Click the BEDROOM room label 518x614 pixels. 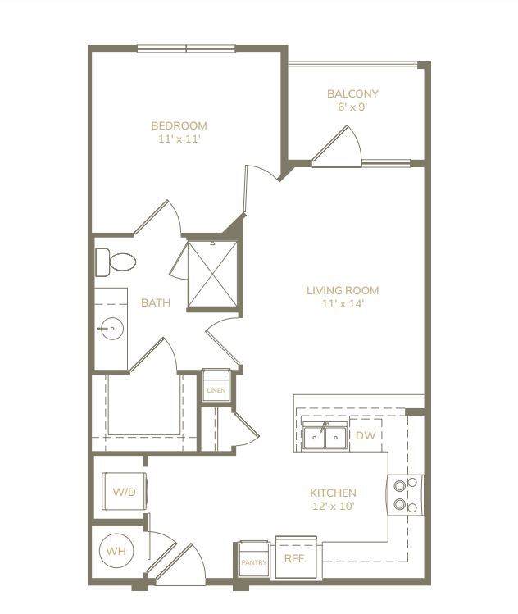point(179,125)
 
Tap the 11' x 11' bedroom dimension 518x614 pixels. point(179,139)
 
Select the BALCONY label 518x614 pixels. point(352,94)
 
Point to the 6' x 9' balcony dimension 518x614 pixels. point(352,107)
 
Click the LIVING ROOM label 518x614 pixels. point(343,290)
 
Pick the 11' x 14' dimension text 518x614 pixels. point(343,303)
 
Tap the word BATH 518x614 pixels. point(156,302)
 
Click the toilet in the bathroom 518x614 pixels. point(116,262)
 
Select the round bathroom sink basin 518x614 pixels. point(111,329)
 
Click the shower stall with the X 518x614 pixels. point(212,274)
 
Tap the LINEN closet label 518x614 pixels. point(216,390)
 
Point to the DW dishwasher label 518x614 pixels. point(366,435)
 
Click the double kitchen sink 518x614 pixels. point(325,435)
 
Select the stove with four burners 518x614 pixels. point(406,495)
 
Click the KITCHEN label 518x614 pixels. point(334,493)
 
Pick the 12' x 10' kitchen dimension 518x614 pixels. point(334,507)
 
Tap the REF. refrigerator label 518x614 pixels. point(295,559)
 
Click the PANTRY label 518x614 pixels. point(254,562)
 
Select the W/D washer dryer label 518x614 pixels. point(124,492)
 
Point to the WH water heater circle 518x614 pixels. point(116,551)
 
